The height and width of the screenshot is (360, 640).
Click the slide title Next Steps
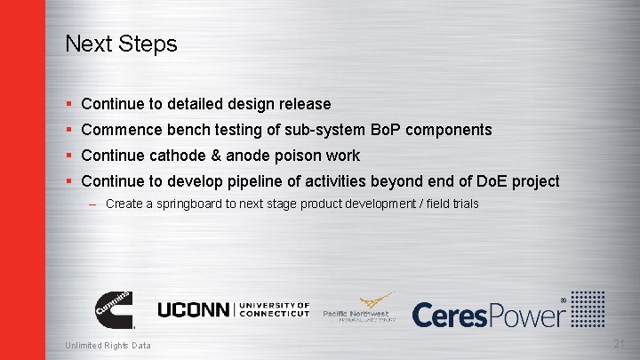pos(121,44)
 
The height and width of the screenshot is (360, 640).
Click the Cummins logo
pos(114,308)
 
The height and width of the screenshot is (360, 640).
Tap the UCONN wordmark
pos(193,309)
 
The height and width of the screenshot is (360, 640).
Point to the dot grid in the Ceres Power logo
pos(588,308)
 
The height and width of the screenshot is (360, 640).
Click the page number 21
pos(620,345)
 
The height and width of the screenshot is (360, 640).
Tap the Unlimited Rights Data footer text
pos(108,346)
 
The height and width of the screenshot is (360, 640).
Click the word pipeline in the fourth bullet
pos(265,181)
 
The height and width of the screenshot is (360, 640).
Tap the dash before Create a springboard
pos(93,204)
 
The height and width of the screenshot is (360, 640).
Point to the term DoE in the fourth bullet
pos(486,181)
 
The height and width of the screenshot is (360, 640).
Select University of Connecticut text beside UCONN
pos(274,309)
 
